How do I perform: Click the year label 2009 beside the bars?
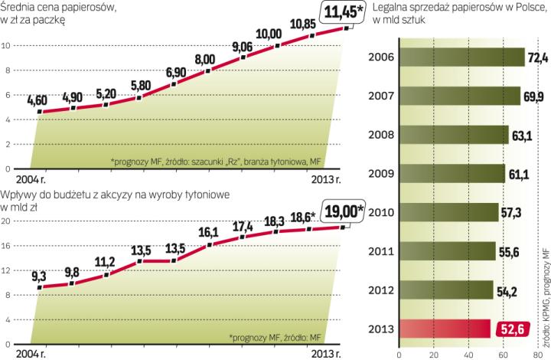382,174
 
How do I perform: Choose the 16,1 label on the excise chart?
209,231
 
